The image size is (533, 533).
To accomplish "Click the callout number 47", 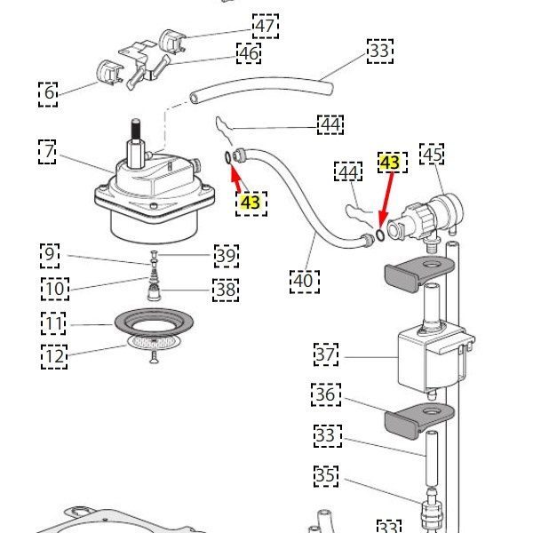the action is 266,26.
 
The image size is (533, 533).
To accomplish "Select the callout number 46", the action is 249,53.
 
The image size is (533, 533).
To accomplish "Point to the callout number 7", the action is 47,152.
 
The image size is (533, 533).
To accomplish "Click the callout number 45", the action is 432,155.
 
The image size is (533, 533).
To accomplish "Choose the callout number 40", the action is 305,282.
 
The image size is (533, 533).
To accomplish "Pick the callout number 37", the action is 326,354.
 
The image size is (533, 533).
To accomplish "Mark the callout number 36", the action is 326,394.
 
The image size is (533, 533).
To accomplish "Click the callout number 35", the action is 326,475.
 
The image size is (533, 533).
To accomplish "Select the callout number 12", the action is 54,356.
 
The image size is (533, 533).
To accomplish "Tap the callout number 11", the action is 53,323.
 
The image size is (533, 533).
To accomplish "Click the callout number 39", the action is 227,256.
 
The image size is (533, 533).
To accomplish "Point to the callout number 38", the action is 226,290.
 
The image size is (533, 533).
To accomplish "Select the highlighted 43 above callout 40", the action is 251,203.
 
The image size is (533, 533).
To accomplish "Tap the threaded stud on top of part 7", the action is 136,130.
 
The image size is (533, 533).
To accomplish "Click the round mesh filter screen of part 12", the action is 154,342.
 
